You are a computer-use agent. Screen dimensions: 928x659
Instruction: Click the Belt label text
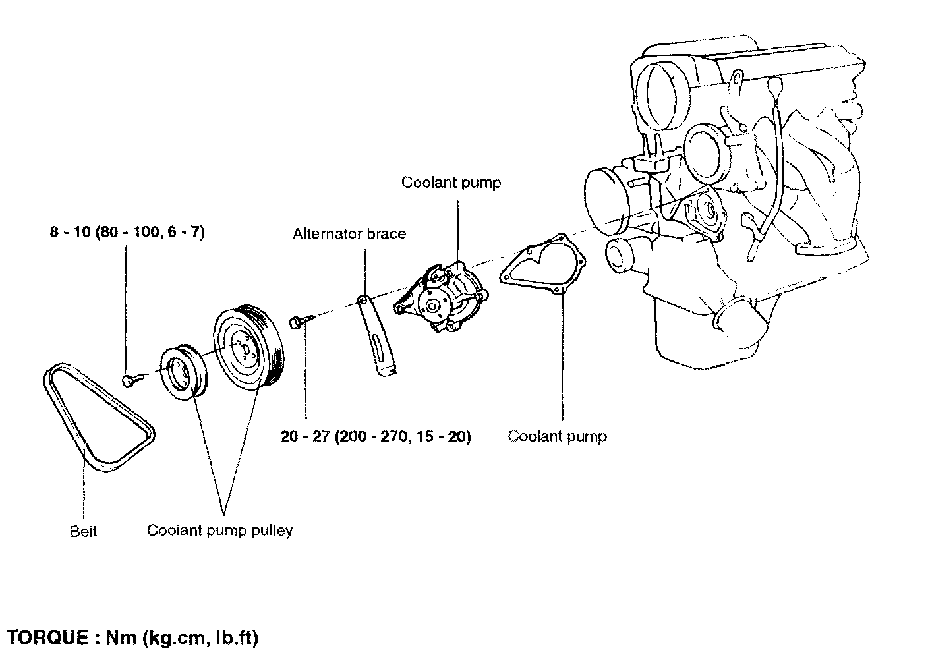(83, 531)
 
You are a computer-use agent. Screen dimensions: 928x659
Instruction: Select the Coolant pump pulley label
(219, 530)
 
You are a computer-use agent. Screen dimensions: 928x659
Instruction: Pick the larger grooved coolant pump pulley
(249, 347)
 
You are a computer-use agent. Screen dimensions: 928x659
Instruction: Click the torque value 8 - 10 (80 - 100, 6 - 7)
(127, 232)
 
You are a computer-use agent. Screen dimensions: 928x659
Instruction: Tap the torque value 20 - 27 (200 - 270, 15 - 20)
(376, 436)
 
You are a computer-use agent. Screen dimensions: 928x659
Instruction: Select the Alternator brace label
(349, 234)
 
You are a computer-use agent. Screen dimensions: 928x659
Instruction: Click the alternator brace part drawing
(376, 335)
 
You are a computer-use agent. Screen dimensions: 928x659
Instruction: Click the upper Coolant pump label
(451, 183)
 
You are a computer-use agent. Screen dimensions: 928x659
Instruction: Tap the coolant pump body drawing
(442, 297)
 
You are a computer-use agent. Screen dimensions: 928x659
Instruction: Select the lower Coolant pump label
(557, 436)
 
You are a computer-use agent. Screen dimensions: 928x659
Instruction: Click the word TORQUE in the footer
(47, 637)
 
